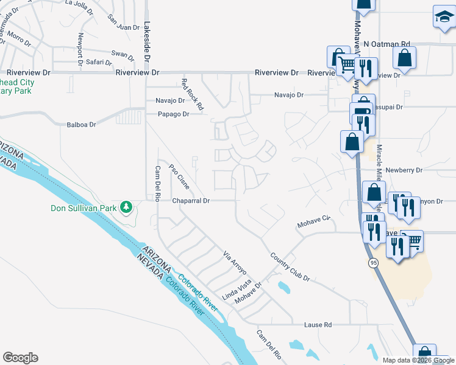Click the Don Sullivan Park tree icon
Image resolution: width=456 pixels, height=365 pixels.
[x=126, y=208]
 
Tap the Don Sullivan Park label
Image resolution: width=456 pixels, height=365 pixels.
[x=83, y=208]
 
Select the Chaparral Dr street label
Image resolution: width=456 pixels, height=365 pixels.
[x=191, y=200]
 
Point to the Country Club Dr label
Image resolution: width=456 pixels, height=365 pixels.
[x=290, y=267]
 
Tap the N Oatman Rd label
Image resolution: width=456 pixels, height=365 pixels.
[x=387, y=44]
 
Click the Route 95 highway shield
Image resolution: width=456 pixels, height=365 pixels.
[x=373, y=262]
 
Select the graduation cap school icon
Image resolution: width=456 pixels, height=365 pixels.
[x=444, y=18]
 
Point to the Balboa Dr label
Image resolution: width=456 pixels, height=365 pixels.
[x=81, y=125]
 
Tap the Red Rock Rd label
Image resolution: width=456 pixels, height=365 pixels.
[x=193, y=94]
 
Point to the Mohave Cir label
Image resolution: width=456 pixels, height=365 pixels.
[x=313, y=221]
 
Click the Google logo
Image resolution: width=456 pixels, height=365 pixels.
[x=20, y=358]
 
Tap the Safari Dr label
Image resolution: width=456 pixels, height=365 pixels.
[x=98, y=62]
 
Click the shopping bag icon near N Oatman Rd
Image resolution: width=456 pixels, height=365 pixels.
[x=404, y=58]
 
